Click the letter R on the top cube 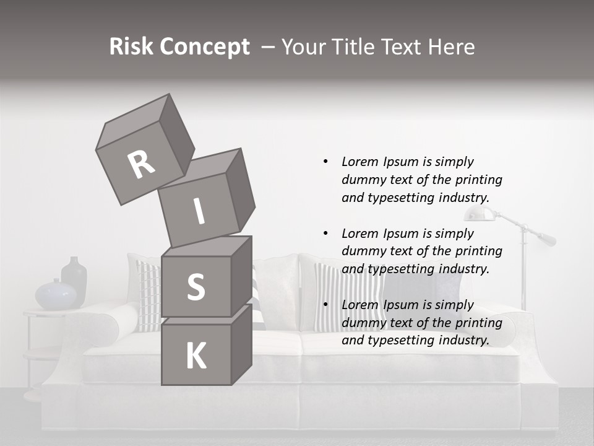[x=142, y=164]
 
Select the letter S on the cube [x=196, y=287]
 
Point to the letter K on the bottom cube [x=196, y=356]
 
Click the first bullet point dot [x=325, y=162]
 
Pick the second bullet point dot [x=325, y=234]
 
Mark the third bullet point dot [x=325, y=305]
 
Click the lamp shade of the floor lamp [x=480, y=214]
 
